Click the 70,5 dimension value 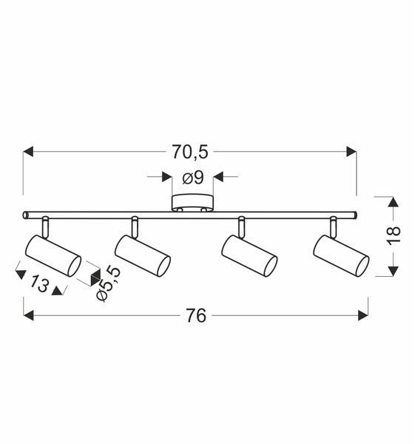[x=190, y=152]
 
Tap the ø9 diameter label [x=193, y=178]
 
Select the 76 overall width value [x=196, y=315]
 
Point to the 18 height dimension [x=394, y=235]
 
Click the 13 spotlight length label [x=40, y=283]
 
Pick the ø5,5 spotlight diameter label [x=108, y=283]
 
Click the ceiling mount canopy [x=192, y=203]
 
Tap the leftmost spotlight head [x=53, y=255]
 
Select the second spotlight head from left [x=142, y=255]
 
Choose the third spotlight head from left [x=249, y=255]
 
